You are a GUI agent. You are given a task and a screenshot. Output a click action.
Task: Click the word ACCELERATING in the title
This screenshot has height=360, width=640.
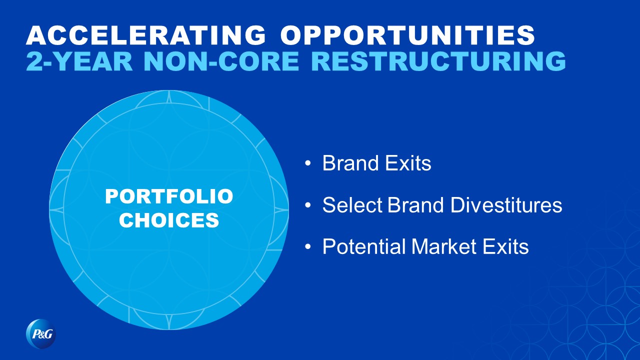click(x=146, y=35)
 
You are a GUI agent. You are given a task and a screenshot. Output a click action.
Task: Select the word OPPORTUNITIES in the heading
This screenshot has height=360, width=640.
click(x=407, y=35)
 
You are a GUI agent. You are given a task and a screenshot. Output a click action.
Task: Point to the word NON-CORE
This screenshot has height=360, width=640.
click(x=221, y=61)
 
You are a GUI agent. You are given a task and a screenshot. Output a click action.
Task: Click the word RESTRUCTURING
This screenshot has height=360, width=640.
click(x=438, y=61)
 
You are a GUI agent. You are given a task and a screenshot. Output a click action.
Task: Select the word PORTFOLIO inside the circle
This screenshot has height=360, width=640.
click(x=169, y=196)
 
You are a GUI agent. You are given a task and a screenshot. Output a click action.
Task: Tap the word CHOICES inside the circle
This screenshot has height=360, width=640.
click(x=169, y=220)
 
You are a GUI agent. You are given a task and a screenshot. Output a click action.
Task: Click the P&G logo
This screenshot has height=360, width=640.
click(x=41, y=333)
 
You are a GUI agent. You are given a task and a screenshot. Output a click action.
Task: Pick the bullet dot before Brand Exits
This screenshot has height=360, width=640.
click(x=307, y=163)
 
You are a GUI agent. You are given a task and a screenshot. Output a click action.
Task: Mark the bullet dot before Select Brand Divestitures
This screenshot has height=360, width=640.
click(x=307, y=205)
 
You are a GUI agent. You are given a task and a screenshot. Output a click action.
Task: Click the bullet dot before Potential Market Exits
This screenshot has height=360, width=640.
click(x=307, y=247)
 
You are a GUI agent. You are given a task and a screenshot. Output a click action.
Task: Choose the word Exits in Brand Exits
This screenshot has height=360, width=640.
click(x=408, y=163)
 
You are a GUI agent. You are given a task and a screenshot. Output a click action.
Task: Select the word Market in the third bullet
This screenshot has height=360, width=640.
click(x=444, y=246)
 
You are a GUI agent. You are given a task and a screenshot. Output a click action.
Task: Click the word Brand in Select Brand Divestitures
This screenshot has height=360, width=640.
click(x=415, y=205)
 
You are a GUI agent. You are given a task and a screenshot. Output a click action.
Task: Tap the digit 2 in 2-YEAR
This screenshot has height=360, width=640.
click(x=33, y=61)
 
